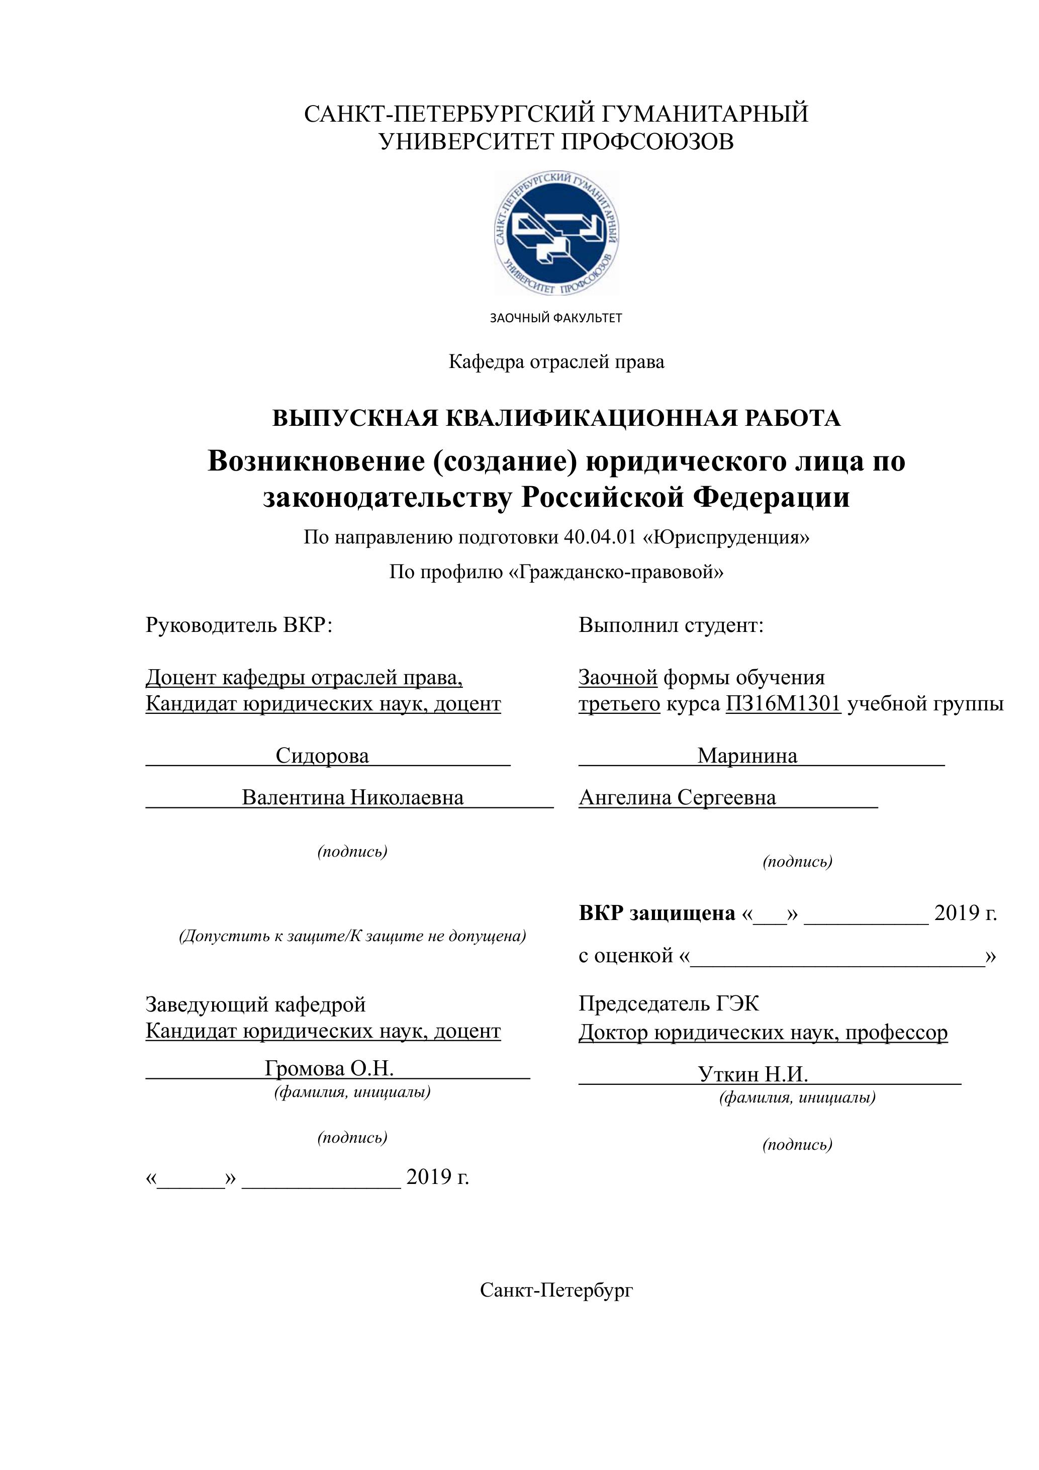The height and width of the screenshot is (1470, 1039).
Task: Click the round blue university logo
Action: tap(556, 233)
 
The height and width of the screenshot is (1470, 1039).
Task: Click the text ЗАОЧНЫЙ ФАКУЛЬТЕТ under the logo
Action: tap(555, 318)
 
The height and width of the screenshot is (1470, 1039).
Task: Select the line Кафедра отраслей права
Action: tap(556, 362)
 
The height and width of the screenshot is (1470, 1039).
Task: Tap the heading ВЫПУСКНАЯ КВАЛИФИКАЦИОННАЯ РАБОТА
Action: tap(556, 418)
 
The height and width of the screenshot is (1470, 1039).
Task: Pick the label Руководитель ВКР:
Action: tap(239, 625)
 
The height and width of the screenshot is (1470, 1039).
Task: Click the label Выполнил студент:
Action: tap(671, 625)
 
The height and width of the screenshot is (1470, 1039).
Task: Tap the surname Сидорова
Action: tap(322, 756)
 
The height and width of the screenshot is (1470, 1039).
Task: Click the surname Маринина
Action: tap(747, 756)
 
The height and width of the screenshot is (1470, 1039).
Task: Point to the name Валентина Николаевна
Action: tap(353, 798)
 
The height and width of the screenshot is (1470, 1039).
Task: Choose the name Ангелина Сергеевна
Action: tap(677, 798)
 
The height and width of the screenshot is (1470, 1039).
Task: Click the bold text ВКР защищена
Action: tap(657, 913)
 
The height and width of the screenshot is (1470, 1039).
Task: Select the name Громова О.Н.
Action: tap(329, 1068)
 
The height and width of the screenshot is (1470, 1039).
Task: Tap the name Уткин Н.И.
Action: tap(753, 1074)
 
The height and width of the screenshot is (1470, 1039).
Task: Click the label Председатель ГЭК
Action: tap(669, 1003)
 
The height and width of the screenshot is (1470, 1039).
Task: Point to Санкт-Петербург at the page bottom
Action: tap(556, 1290)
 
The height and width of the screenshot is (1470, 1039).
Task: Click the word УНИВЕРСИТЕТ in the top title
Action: tap(466, 141)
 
